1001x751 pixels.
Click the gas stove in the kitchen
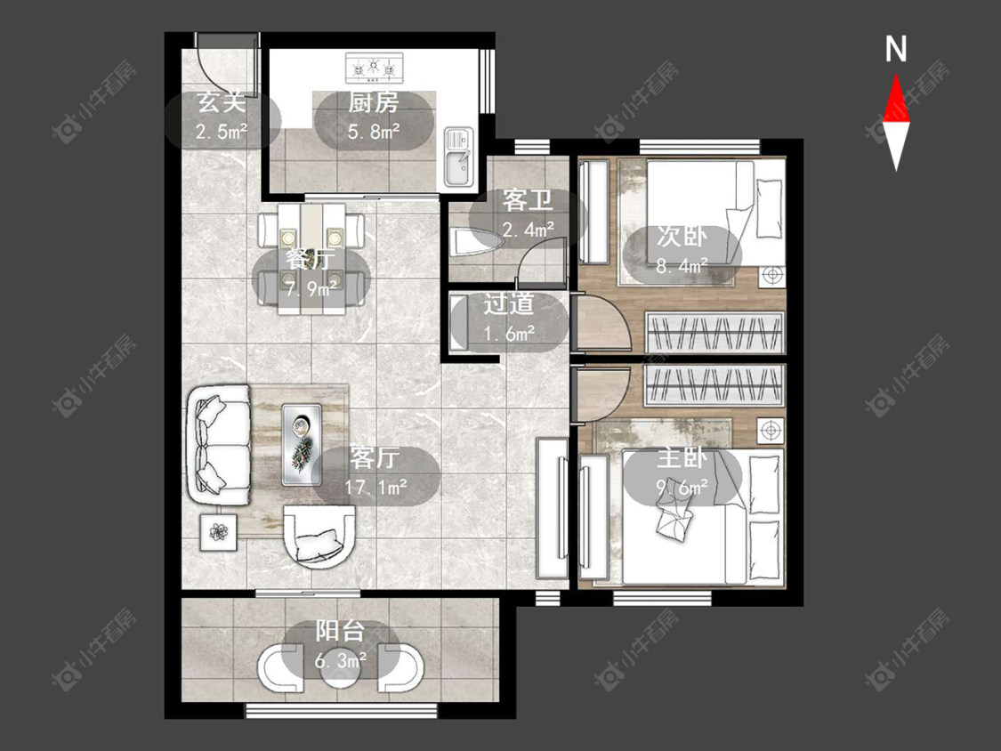tap(375, 68)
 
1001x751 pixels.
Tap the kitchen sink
tap(459, 156)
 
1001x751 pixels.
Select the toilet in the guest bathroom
tap(477, 243)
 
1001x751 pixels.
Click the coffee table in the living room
tap(302, 445)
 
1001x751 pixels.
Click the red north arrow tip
tap(896, 75)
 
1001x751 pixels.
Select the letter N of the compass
tap(896, 49)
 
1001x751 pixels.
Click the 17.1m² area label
tap(376, 488)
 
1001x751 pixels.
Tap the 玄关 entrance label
tap(221, 102)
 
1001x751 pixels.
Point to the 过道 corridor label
tap(508, 304)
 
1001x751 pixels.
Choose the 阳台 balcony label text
tap(340, 632)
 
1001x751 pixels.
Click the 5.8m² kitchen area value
tap(374, 133)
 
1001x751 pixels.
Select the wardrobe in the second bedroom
tap(714, 332)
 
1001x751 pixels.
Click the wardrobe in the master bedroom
tap(714, 385)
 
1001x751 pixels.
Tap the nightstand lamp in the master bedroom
tap(771, 431)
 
